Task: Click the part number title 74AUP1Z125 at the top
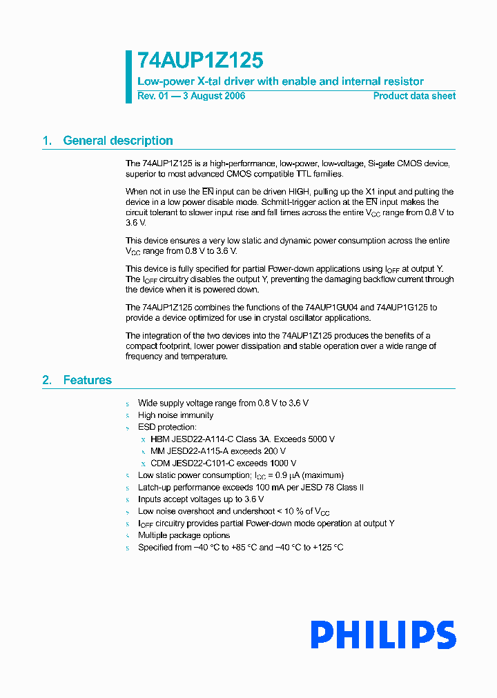[200, 61]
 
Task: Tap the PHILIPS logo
[383, 635]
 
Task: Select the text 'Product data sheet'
[414, 96]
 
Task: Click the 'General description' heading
[117, 141]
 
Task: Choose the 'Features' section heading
[87, 380]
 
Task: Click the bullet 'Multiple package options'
[184, 535]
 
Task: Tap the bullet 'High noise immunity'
[175, 415]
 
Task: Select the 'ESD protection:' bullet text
[167, 428]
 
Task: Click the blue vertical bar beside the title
[128, 77]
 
